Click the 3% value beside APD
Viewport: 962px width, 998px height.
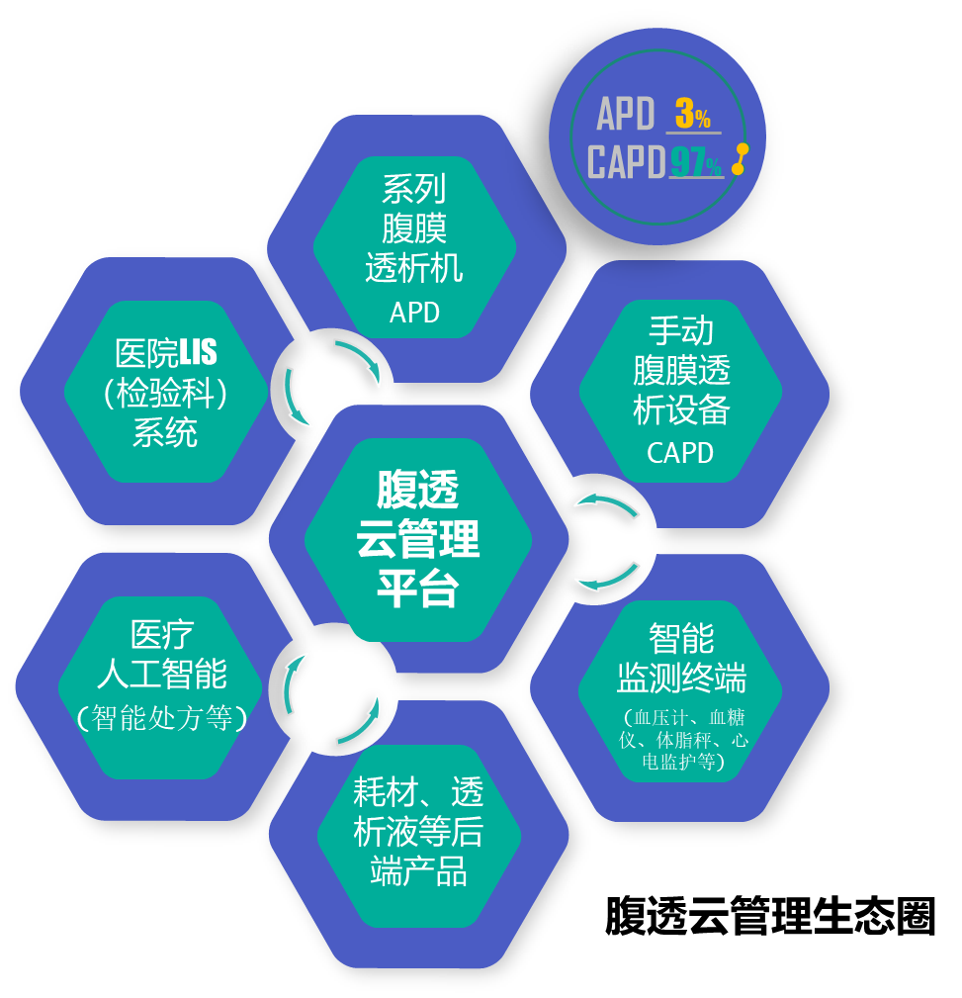[693, 115]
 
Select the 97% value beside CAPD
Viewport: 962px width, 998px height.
[696, 162]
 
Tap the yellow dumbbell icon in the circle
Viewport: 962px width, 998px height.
[741, 159]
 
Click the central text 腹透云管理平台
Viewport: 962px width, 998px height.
[417, 539]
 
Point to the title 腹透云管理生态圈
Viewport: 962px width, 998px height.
[770, 916]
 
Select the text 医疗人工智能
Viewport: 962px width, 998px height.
[162, 654]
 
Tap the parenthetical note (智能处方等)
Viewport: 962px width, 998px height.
[162, 716]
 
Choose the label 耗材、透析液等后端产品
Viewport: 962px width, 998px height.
[417, 832]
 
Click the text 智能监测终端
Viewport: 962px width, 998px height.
[681, 658]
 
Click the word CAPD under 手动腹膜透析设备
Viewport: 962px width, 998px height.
[680, 452]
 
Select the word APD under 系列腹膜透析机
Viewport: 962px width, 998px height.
[414, 313]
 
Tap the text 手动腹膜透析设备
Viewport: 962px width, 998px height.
[681, 370]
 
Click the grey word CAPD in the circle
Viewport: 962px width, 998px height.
[626, 162]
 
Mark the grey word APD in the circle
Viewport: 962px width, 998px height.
[626, 115]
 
